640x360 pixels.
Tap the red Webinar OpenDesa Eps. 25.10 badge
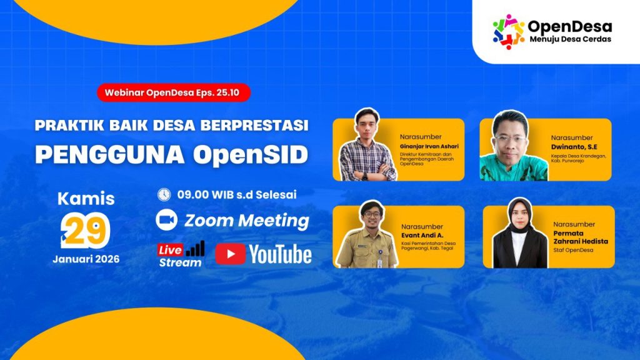pyautogui.click(x=174, y=93)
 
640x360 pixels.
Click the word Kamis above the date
pyautogui.click(x=86, y=199)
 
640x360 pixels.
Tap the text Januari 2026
pyautogui.click(x=86, y=259)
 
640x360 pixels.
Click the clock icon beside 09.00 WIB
pyautogui.click(x=164, y=194)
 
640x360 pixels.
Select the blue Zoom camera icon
pyautogui.click(x=166, y=220)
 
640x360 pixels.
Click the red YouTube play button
pyautogui.click(x=230, y=254)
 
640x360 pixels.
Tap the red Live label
pyautogui.click(x=171, y=250)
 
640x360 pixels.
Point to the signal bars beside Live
pyautogui.click(x=195, y=248)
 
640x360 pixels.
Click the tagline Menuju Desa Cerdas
pyautogui.click(x=569, y=39)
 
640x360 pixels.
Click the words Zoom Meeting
pyautogui.click(x=246, y=221)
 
